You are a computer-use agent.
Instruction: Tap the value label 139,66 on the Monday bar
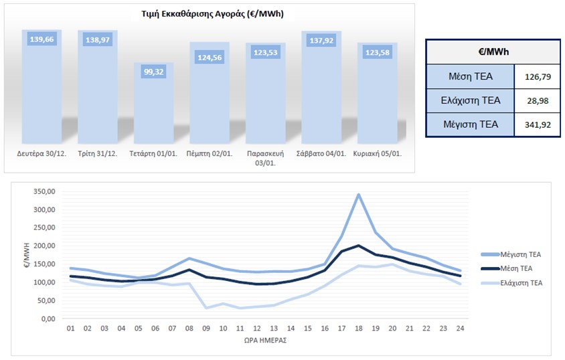click(x=42, y=39)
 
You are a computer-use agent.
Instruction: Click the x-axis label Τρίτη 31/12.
click(x=97, y=153)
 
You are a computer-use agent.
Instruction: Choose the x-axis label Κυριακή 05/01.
click(x=378, y=153)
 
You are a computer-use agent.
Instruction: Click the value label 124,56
click(x=210, y=58)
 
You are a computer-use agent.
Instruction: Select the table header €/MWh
click(x=493, y=51)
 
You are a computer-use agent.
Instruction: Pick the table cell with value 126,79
click(x=538, y=76)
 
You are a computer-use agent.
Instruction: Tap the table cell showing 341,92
click(x=538, y=124)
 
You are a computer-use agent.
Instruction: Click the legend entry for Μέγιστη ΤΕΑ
click(x=511, y=254)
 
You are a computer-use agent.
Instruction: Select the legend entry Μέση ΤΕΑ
click(x=511, y=268)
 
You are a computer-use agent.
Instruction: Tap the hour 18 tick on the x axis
click(x=359, y=329)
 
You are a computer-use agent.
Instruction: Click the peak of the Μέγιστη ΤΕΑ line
click(x=359, y=195)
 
